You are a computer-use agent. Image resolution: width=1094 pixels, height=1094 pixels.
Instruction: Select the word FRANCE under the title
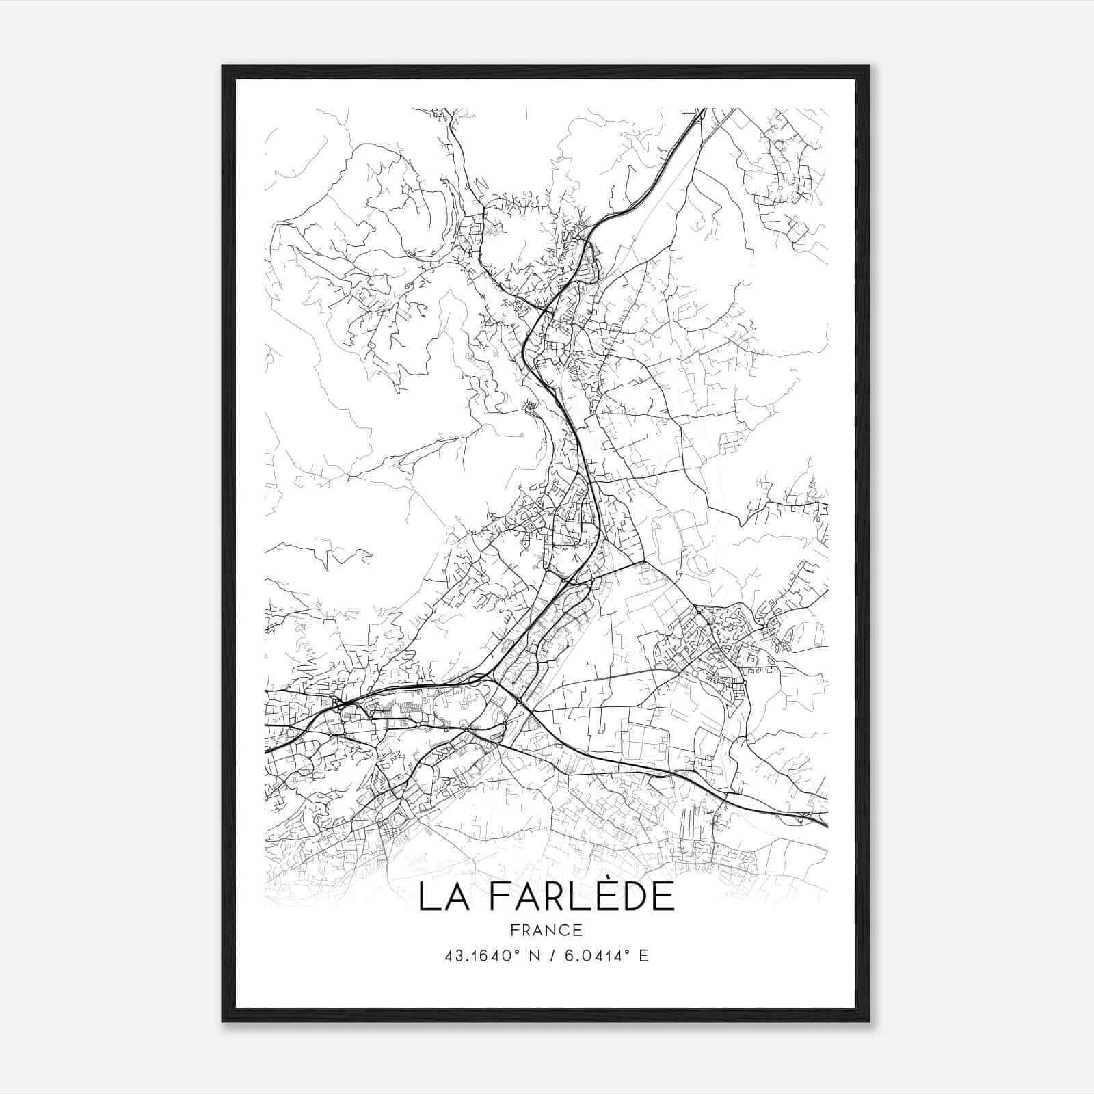coord(547,930)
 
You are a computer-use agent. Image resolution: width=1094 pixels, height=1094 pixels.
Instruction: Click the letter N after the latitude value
coord(535,956)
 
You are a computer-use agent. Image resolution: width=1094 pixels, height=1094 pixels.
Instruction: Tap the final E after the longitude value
coord(643,956)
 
